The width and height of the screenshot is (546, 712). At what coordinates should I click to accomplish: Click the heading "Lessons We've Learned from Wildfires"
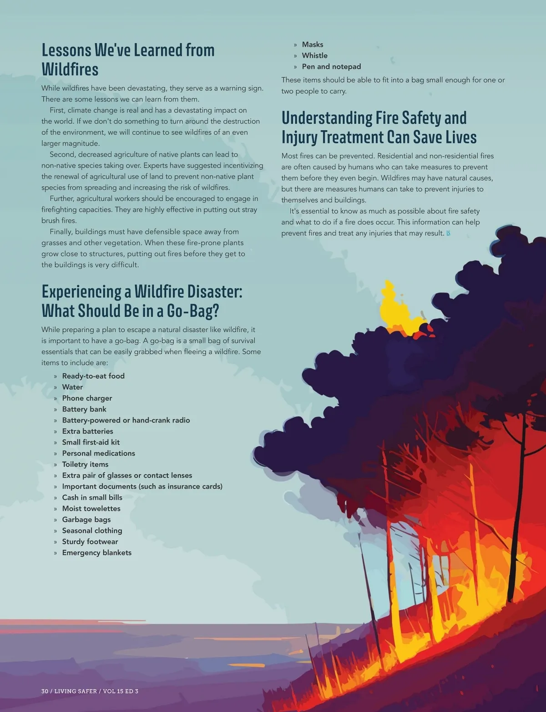click(128, 60)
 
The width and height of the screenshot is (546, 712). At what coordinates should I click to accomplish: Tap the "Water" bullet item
click(72, 387)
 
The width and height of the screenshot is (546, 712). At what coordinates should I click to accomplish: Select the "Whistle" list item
click(314, 56)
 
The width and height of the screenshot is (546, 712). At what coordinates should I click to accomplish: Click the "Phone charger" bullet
click(87, 398)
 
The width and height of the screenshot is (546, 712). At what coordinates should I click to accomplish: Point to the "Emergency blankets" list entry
click(96, 553)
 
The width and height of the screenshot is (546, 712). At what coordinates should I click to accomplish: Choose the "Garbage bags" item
click(86, 519)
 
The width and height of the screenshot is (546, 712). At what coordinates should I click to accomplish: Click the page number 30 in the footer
click(45, 691)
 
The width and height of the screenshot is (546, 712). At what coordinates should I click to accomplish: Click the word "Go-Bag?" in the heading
click(193, 311)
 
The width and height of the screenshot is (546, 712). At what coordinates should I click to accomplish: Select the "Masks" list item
click(312, 45)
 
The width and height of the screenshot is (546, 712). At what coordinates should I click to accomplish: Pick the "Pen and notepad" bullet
click(331, 66)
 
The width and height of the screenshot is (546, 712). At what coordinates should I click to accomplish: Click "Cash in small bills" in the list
click(92, 498)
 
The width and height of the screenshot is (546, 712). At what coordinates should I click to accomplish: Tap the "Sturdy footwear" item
click(90, 542)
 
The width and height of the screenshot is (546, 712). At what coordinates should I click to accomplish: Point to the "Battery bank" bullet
click(84, 409)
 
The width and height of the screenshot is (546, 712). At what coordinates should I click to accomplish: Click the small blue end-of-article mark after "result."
click(448, 234)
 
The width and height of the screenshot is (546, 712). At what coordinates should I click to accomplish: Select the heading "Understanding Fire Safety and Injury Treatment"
click(379, 127)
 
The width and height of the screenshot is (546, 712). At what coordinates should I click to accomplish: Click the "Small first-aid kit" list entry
click(91, 442)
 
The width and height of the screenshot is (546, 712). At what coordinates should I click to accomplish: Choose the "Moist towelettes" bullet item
click(91, 509)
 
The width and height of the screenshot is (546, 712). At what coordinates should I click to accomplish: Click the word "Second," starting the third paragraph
click(63, 154)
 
